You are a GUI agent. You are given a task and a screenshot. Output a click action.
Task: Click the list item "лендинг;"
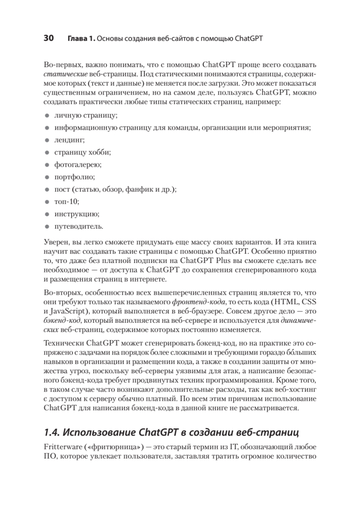(64, 140)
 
